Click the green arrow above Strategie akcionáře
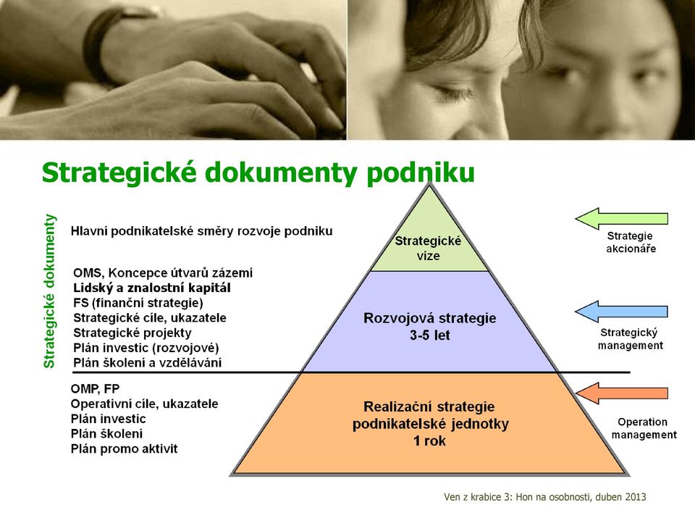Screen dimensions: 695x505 [x=621, y=219]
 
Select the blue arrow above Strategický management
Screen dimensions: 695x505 [x=621, y=312]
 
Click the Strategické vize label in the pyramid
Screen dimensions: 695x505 [x=428, y=248]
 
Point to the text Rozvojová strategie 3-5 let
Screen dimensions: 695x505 [x=429, y=326]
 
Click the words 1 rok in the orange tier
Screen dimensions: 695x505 [x=429, y=441]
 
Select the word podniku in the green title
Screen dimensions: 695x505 [x=420, y=172]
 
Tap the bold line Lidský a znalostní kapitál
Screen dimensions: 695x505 [x=151, y=288]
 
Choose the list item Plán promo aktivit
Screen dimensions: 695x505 [x=124, y=448]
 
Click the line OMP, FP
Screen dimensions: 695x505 [x=95, y=389]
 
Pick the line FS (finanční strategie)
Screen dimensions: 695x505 [x=138, y=303]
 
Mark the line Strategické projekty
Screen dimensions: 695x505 [x=132, y=333]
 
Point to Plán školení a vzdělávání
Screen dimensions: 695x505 [x=147, y=362]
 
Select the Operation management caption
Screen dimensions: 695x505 [x=644, y=428]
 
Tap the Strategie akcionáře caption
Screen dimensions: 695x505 [x=631, y=242]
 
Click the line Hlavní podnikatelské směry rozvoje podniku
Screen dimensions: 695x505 [x=202, y=231]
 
